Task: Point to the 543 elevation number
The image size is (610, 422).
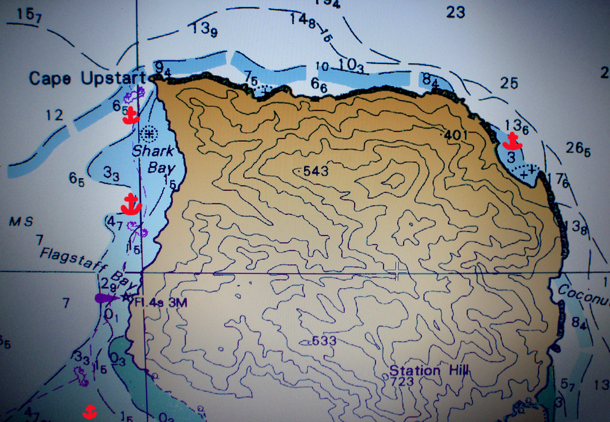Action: pos(315,171)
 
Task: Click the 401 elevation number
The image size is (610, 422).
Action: pos(455,135)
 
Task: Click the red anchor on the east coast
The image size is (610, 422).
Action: pos(513,140)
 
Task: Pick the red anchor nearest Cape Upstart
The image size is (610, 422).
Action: pos(131,115)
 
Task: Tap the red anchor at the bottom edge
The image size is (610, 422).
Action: pos(90,410)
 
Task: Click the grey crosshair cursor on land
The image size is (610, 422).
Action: pos(396,272)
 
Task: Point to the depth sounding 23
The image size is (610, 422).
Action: pos(455,12)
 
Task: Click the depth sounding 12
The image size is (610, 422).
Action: pos(54,115)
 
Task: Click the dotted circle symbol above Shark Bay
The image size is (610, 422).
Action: pos(149,134)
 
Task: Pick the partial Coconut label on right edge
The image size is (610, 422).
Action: pos(584,295)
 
